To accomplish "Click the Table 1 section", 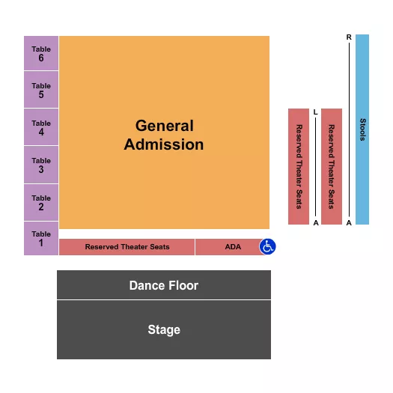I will [41, 238].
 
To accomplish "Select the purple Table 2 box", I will [41, 202].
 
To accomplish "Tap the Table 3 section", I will [41, 165].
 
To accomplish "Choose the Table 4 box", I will [41, 127].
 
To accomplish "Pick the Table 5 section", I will [41, 90].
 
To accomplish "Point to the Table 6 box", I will [41, 53].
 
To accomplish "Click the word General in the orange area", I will [164, 126].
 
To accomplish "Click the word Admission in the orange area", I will [164, 144].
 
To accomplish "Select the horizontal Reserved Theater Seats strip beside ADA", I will [127, 247].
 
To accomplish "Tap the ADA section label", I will [233, 247].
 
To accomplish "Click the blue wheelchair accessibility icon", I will [268, 246].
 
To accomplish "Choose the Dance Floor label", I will [164, 285].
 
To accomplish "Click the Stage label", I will [164, 329].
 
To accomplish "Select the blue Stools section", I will [362, 130].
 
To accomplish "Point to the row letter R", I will [349, 37].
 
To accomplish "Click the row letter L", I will [315, 112].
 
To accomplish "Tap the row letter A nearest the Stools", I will [349, 223].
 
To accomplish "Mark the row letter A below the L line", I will [315, 223].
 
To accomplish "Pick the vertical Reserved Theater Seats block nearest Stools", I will [332, 166].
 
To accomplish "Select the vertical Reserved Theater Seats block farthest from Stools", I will [299, 166].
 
